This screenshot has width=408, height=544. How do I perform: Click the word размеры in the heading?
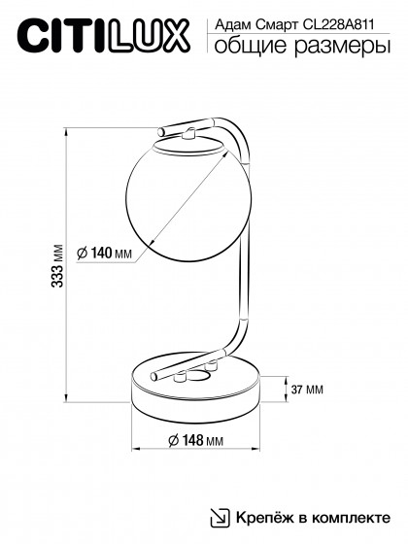click(343, 47)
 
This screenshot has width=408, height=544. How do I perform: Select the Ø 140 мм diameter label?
click(105, 253)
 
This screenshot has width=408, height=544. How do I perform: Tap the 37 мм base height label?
click(307, 390)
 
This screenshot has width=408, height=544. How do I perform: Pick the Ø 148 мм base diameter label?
click(195, 440)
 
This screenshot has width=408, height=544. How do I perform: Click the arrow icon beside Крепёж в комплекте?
click(221, 518)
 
